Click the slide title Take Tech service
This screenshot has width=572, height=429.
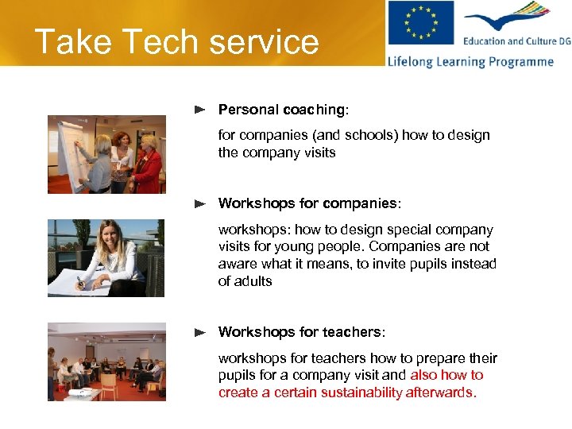[x=176, y=41]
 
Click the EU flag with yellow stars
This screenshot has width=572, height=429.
[x=420, y=25]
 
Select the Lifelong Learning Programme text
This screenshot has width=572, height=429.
[x=470, y=61]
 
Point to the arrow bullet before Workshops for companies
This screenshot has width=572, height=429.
[x=201, y=203]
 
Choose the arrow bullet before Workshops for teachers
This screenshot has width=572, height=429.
[x=201, y=332]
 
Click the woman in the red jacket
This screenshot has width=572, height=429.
[x=148, y=163]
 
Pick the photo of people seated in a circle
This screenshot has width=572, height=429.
[x=106, y=361]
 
